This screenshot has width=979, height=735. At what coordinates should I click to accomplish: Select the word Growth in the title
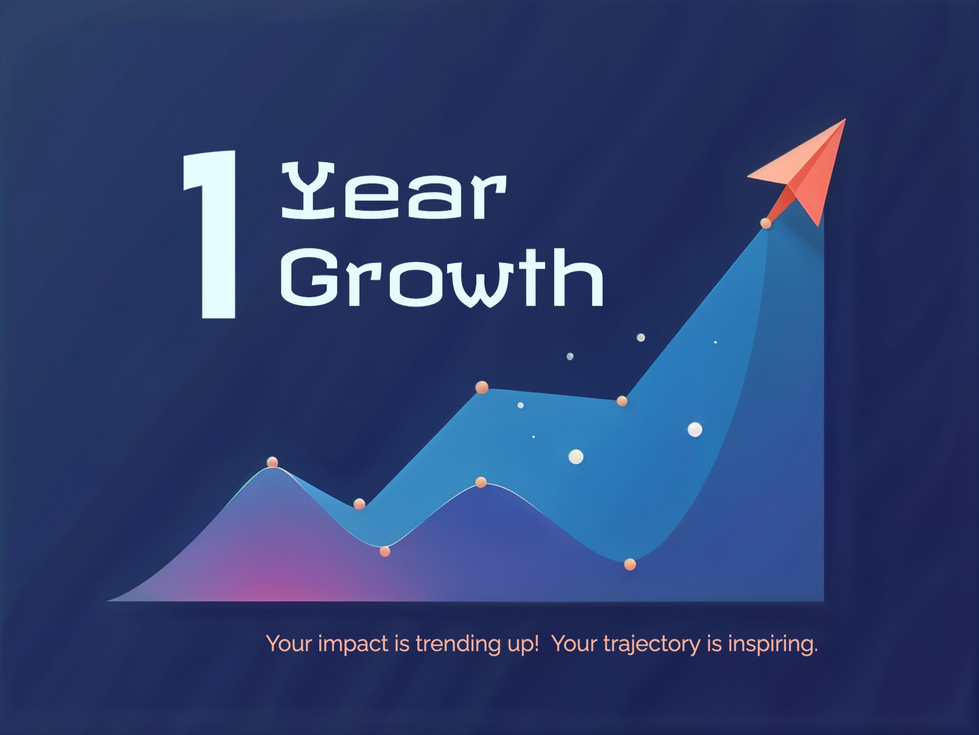tap(442, 277)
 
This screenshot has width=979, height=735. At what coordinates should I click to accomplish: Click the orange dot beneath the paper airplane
tap(766, 223)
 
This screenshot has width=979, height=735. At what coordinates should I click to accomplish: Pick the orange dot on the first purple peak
tap(273, 462)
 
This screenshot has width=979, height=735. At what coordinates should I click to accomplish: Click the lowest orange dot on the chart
tap(630, 564)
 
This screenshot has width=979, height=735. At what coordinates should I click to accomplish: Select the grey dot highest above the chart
tap(641, 338)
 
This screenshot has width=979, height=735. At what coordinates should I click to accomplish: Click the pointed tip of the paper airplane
tap(846, 119)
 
